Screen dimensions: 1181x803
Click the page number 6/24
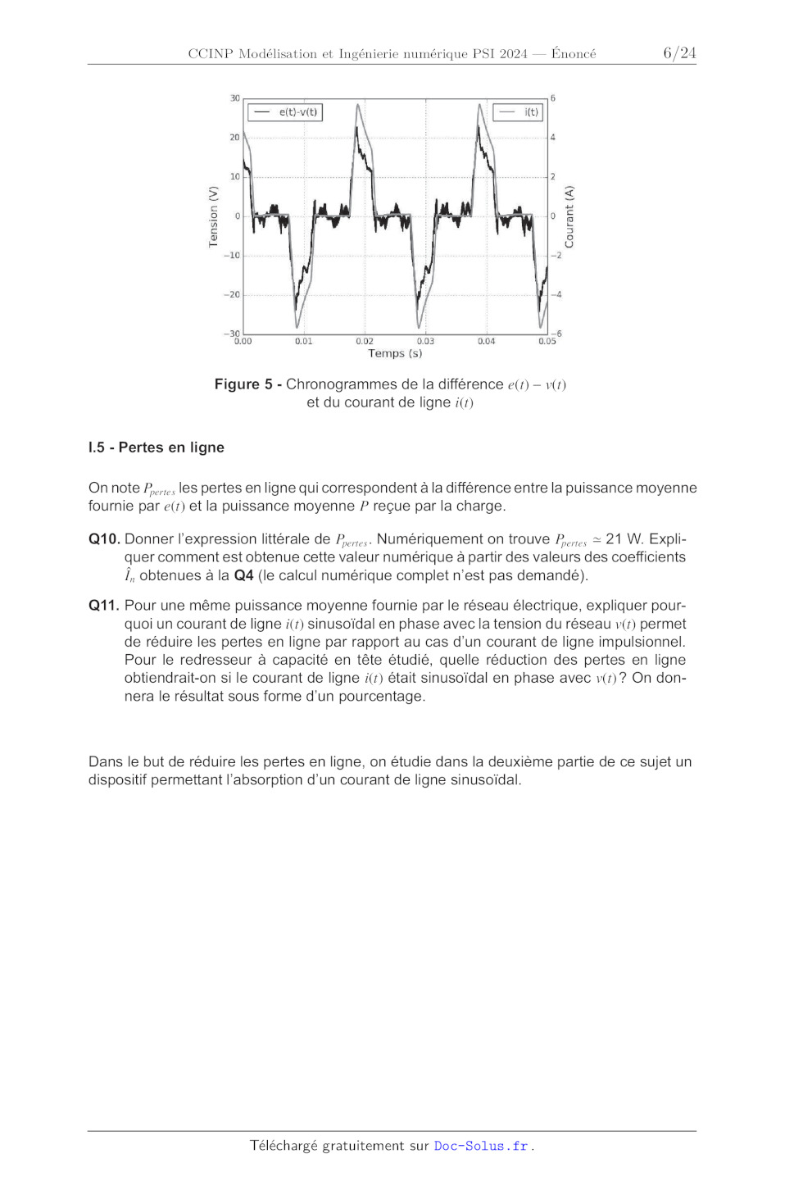[x=679, y=53]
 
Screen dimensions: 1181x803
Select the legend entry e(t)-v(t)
[x=286, y=112]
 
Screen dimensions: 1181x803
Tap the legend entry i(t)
[x=519, y=112]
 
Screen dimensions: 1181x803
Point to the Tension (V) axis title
[x=214, y=216]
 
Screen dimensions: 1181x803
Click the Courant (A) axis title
[x=569, y=216]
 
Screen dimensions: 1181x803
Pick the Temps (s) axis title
[x=395, y=353]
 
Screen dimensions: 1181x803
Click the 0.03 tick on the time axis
[x=425, y=341]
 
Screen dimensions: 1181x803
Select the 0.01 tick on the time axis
[x=304, y=341]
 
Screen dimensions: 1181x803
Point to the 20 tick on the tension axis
[x=234, y=138]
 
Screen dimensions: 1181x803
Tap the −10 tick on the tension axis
[x=233, y=256]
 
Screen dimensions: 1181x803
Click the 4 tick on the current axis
[x=553, y=138]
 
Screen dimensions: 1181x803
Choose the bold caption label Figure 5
[x=243, y=384]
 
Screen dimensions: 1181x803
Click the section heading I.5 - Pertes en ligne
[x=157, y=447]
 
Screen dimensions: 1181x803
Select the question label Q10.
[x=104, y=539]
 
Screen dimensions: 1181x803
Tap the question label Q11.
[x=104, y=606]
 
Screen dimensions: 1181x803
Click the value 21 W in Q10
[x=624, y=539]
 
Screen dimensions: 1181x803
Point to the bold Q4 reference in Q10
[x=243, y=575]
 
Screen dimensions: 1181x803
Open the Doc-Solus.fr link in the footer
[x=481, y=1146]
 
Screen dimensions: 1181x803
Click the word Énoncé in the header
[x=574, y=54]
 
